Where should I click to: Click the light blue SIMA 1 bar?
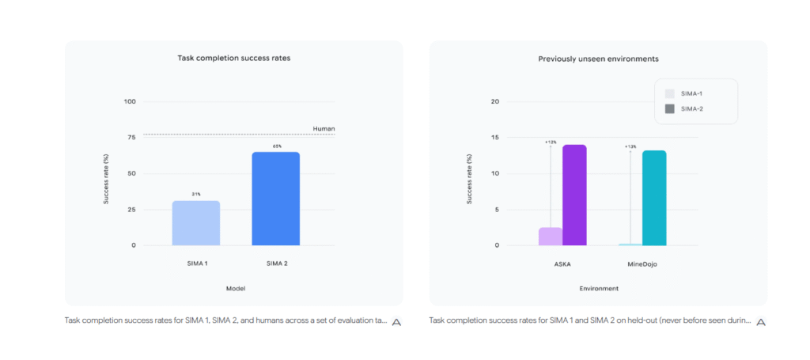[x=195, y=223]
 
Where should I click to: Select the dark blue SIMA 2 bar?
[x=275, y=199]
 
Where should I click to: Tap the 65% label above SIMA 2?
[x=277, y=146]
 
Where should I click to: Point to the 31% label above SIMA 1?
[x=195, y=194]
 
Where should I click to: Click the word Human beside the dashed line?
[x=324, y=128]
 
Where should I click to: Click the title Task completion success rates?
[x=233, y=59]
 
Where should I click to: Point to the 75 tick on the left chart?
[x=131, y=137]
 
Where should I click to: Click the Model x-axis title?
[x=235, y=289]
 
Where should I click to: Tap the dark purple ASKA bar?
[x=573, y=195]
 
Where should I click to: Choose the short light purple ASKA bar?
[x=550, y=237]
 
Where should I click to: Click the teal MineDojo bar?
[x=654, y=198]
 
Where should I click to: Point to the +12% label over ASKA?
[x=551, y=142]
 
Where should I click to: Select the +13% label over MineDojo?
[x=630, y=146]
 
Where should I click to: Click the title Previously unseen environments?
[x=598, y=59]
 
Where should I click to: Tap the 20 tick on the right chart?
[x=494, y=101]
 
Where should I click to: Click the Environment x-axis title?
[x=598, y=289]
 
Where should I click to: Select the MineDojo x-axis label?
[x=642, y=264]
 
